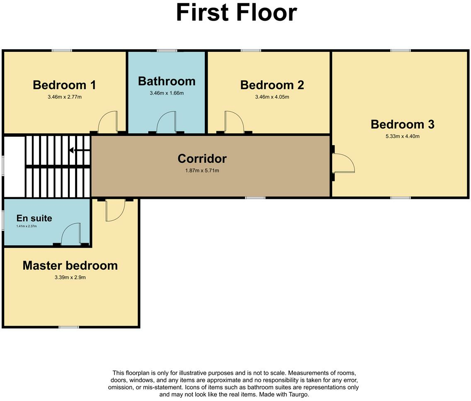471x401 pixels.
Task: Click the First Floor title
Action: point(236,12)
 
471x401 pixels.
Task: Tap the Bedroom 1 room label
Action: point(64,85)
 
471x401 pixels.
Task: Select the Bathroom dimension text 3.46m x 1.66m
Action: point(167,93)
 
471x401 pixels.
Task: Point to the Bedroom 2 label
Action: point(272,85)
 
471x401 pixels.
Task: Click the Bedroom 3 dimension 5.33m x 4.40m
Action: point(402,136)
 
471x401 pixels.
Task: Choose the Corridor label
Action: point(202,159)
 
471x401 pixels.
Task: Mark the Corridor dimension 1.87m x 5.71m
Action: point(202,171)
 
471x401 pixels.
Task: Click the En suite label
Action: point(34,218)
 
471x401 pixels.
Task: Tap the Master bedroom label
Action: point(70,266)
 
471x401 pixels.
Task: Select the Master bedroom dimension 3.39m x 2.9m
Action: point(70,278)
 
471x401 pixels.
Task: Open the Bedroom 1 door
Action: point(108,123)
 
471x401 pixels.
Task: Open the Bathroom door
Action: point(167,123)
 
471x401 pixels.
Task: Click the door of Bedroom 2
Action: point(233,123)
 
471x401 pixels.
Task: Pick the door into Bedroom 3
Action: point(343,163)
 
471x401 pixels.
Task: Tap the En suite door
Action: point(70,234)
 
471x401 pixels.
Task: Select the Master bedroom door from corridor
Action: point(115,210)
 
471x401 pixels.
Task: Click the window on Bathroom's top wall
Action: point(167,51)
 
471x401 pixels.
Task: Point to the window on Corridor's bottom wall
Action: point(255,198)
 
